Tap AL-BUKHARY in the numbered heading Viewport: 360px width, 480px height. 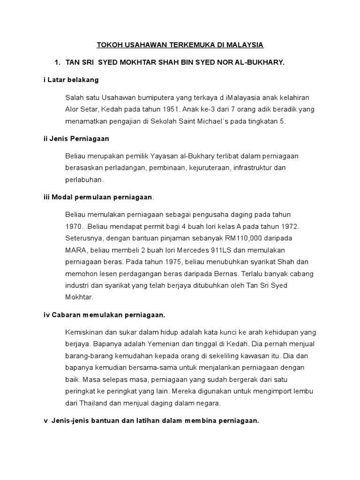click(261, 62)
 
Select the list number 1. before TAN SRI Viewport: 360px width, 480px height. click(58, 62)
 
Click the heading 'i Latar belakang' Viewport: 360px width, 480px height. click(71, 80)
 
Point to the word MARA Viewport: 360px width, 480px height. click(76, 250)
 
